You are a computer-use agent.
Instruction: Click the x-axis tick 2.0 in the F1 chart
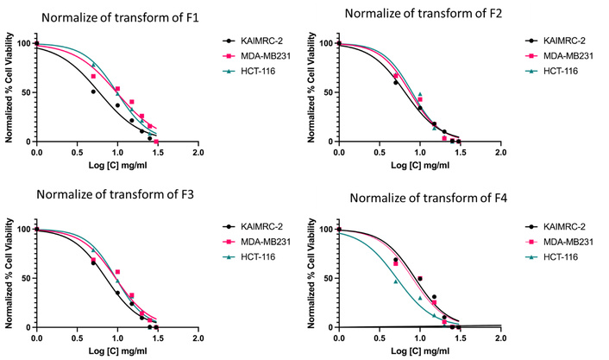[198, 152]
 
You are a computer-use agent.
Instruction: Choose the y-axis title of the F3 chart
[9, 278]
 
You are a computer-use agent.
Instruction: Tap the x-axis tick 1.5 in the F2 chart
[461, 152]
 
